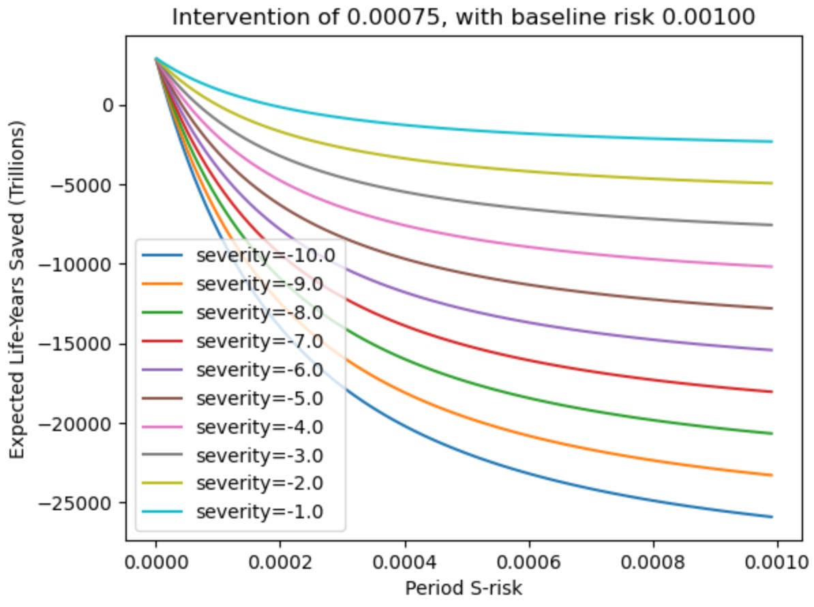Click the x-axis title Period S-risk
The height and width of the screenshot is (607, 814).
(464, 588)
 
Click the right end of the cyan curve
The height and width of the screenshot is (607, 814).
(772, 142)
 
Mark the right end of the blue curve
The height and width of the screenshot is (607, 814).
(772, 517)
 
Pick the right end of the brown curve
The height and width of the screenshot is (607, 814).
(772, 308)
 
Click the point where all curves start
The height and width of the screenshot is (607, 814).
(156, 59)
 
